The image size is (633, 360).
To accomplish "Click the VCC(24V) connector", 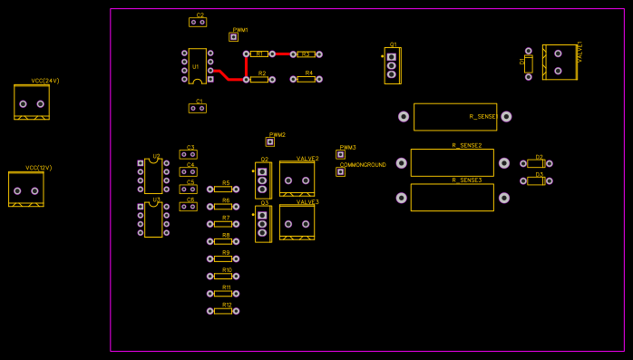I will tap(32, 102).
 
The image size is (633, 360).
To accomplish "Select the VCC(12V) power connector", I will tap(25, 190).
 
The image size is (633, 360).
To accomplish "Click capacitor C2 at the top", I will tap(197, 23).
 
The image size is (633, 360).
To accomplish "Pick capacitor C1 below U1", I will tap(197, 108).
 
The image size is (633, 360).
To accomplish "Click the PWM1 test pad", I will tap(233, 37).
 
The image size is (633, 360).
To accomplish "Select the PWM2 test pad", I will tap(269, 141).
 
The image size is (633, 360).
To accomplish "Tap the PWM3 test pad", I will tap(340, 154).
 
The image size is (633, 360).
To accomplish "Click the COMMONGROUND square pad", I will tap(340, 171).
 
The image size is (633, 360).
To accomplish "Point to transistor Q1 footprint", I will tap(392, 65).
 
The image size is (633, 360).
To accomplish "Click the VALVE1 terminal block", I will tap(559, 62).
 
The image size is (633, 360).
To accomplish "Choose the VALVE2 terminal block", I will tap(297, 179).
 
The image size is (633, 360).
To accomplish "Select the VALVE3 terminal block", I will tap(297, 221).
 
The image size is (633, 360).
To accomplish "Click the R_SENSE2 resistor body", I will tap(452, 163).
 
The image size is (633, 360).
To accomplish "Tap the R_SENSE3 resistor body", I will tap(452, 198).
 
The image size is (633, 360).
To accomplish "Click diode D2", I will tap(535, 164).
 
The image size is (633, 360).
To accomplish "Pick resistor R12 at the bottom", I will tap(223, 311).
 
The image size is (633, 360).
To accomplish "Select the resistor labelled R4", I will tap(306, 79).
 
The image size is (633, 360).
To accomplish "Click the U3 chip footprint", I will tap(153, 219).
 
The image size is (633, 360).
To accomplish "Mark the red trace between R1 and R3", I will tap(282, 54).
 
